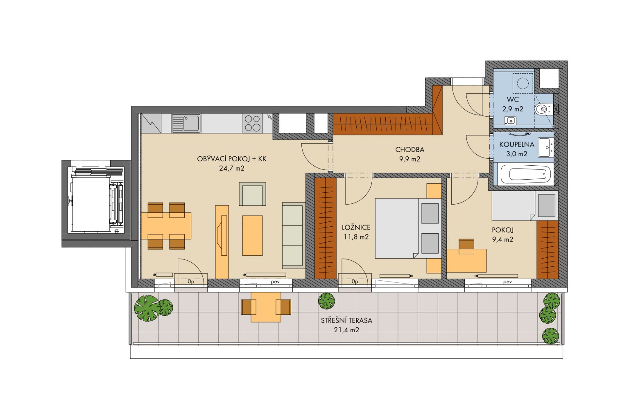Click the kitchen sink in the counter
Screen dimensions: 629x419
tap(186, 123)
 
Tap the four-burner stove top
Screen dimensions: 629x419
tap(253, 123)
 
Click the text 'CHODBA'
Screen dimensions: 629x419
tap(410, 150)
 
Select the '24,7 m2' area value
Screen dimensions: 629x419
tap(232, 169)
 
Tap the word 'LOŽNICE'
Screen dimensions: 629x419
tap(356, 228)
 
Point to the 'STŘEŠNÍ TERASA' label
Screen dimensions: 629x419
tap(346, 320)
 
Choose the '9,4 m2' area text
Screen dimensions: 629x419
tap(502, 239)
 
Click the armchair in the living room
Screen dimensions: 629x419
tap(252, 194)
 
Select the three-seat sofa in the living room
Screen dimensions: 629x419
tap(294, 235)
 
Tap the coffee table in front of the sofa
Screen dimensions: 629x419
tap(252, 235)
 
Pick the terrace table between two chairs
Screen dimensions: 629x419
tap(266, 307)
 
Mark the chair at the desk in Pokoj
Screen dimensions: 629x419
tap(466, 246)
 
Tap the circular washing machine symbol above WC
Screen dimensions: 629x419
tap(523, 83)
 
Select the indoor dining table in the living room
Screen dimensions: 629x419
tap(166, 226)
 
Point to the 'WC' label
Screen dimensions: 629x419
tap(512, 99)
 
